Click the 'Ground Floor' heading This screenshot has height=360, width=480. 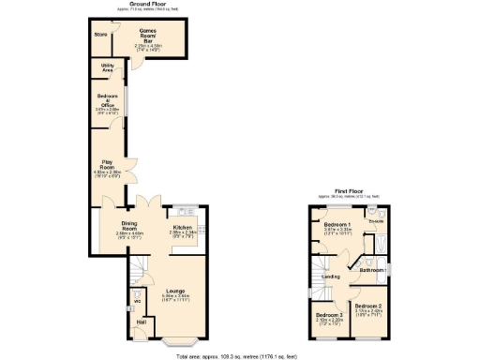(x=142, y=4)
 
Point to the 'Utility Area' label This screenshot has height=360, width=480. (x=108, y=68)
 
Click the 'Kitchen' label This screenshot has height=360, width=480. (x=182, y=227)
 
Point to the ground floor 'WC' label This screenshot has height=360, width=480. (x=136, y=301)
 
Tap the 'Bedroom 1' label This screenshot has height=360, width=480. (x=337, y=226)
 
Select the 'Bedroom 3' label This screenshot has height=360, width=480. (x=328, y=314)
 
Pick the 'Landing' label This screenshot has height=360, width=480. (x=330, y=277)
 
